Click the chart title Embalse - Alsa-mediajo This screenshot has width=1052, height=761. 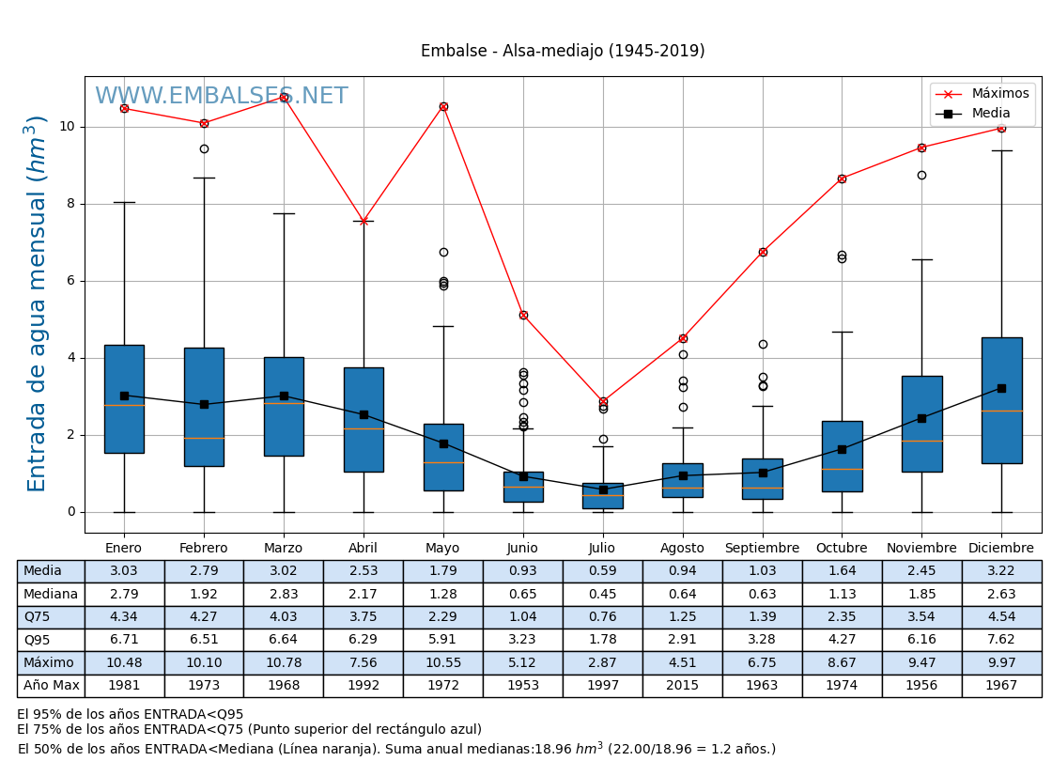point(562,52)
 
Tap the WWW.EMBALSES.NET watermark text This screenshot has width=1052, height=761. point(221,97)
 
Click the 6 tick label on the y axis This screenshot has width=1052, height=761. point(70,281)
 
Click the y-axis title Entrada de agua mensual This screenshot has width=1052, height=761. point(37,303)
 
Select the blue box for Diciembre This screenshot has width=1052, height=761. point(1001,400)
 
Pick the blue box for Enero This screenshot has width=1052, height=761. point(124,399)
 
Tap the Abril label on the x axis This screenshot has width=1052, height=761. point(364,549)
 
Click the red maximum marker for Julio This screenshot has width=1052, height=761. point(603,402)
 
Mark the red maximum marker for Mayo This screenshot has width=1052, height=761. point(443,107)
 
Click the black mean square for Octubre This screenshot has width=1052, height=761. point(842,449)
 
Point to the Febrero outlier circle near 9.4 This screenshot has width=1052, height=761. point(204,148)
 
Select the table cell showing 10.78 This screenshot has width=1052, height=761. point(283,663)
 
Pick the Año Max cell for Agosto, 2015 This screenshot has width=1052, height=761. point(682,686)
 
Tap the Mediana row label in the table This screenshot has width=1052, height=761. point(51,595)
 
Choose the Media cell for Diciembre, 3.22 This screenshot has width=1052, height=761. point(1001,571)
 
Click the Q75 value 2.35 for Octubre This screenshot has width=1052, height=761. point(842,617)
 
